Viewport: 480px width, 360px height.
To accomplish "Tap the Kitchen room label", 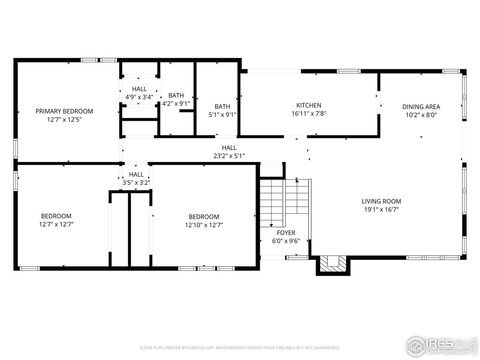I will (x=307, y=105).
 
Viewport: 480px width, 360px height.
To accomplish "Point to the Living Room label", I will (x=380, y=201).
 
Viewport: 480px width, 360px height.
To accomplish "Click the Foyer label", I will (x=286, y=232).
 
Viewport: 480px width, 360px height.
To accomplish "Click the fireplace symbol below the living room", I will (x=331, y=264).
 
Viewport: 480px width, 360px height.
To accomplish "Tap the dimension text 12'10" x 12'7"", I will (x=204, y=225).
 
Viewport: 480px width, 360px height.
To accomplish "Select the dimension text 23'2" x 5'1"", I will (x=229, y=156).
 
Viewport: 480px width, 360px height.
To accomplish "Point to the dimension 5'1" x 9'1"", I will (x=222, y=114).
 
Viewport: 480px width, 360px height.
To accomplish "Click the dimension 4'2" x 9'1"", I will (x=176, y=103).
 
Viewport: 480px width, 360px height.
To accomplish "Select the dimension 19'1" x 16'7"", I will (x=380, y=209).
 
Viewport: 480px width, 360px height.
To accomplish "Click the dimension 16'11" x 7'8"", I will (x=307, y=113).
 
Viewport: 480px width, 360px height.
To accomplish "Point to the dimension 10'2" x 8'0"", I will (x=421, y=114).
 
